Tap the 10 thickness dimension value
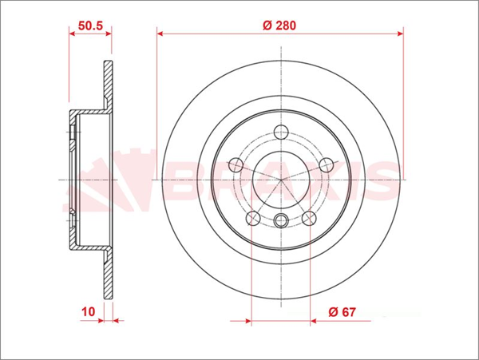point(88,312)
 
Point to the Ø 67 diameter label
point(342,312)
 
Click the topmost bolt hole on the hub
point(279,133)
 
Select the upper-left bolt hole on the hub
point(236,165)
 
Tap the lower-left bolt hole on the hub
point(252,217)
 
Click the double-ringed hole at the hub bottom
point(279,222)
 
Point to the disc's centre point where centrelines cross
point(279,180)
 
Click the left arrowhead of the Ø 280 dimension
point(160,34)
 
